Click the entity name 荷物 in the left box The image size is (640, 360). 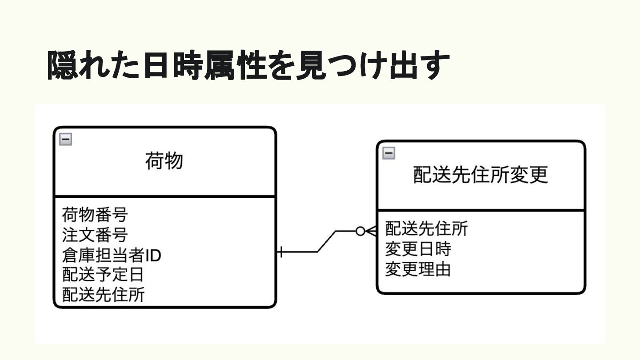click(x=164, y=161)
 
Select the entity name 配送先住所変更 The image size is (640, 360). click(x=480, y=175)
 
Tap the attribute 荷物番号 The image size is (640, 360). click(x=95, y=215)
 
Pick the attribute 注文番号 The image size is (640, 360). click(x=95, y=234)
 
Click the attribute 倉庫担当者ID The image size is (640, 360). click(x=111, y=255)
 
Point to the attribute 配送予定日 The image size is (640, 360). click(x=103, y=274)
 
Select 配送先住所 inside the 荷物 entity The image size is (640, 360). click(x=103, y=294)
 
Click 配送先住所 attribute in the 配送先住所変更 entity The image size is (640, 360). click(x=426, y=228)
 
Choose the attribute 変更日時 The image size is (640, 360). click(x=418, y=249)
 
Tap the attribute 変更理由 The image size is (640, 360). click(x=418, y=269)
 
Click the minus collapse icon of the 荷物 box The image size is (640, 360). click(x=65, y=140)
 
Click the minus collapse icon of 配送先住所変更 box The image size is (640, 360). click(x=388, y=153)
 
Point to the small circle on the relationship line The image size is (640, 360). click(x=360, y=231)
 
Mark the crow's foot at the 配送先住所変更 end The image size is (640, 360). click(x=372, y=231)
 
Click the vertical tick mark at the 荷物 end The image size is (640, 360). click(x=281, y=252)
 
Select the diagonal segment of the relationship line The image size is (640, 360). click(x=327, y=241)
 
